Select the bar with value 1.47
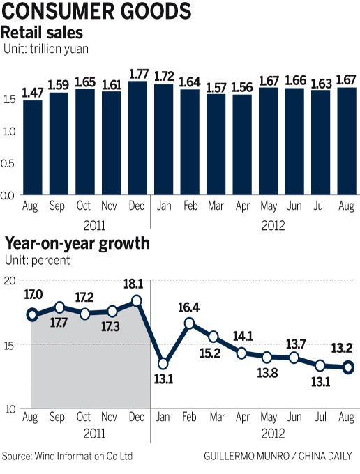[x=32, y=148]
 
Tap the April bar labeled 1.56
[x=242, y=145]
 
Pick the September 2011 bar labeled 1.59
[x=59, y=144]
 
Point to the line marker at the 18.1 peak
[x=137, y=300]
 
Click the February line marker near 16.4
[x=190, y=323]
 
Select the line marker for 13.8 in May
[x=267, y=357]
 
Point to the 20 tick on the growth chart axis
[x=10, y=280]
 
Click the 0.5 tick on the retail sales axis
[x=9, y=163]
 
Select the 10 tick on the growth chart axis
[x=10, y=409]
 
